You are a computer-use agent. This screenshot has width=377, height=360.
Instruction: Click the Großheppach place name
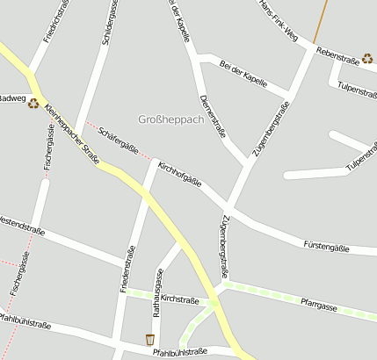[x=170, y=119]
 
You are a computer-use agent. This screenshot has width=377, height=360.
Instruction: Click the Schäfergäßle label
[x=119, y=140]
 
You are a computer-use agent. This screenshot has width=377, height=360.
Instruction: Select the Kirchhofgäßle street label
[x=179, y=174]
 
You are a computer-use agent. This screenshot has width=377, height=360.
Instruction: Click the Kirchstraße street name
[x=181, y=299]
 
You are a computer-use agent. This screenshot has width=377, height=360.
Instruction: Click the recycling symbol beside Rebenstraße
[x=366, y=58]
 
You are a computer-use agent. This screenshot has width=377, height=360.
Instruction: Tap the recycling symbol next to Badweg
[x=33, y=103]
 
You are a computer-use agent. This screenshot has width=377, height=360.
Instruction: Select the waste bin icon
[x=150, y=339]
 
